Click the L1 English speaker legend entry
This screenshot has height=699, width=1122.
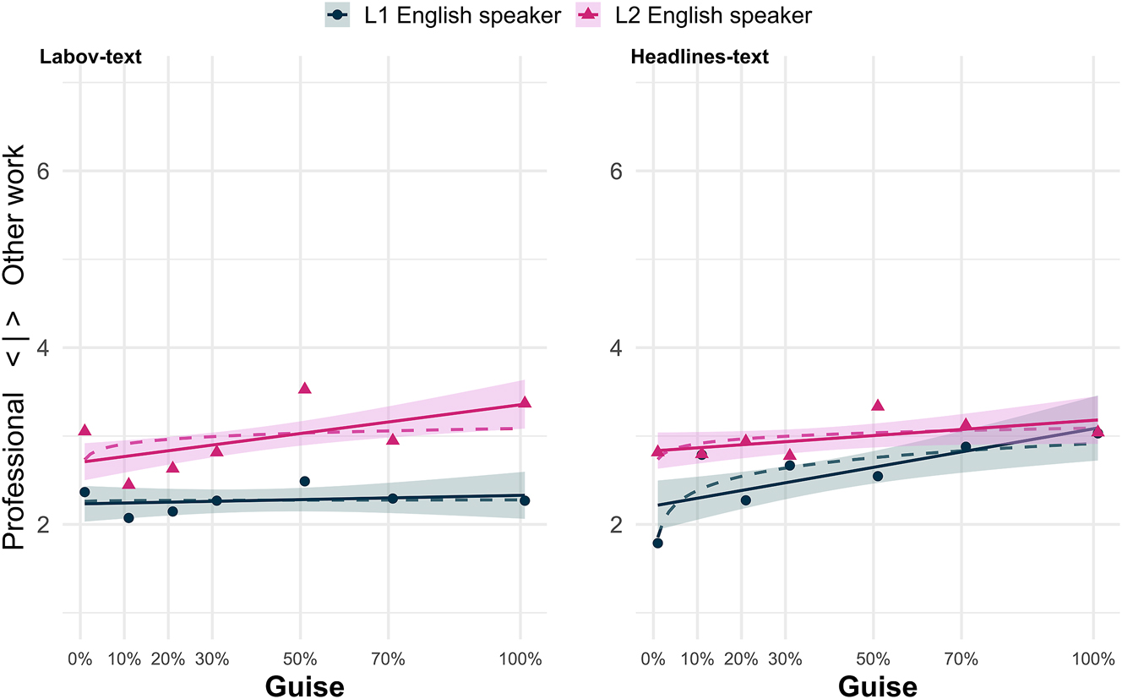click(x=443, y=14)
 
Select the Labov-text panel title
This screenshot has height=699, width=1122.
click(x=90, y=57)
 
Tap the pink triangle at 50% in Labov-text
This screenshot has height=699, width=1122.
click(x=304, y=388)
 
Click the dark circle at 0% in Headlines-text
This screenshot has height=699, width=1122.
click(x=657, y=543)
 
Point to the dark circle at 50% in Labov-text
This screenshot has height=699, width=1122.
click(x=304, y=481)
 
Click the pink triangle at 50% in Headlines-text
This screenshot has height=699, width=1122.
click(x=877, y=405)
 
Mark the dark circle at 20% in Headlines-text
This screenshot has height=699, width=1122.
click(x=745, y=500)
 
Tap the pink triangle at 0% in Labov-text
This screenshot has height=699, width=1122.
click(x=84, y=430)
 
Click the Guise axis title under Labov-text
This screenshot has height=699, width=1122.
click(x=304, y=685)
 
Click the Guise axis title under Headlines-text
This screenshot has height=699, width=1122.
click(x=877, y=685)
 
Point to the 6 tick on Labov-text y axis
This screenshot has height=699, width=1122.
click(x=48, y=171)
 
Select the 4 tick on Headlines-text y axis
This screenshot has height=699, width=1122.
click(x=620, y=347)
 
